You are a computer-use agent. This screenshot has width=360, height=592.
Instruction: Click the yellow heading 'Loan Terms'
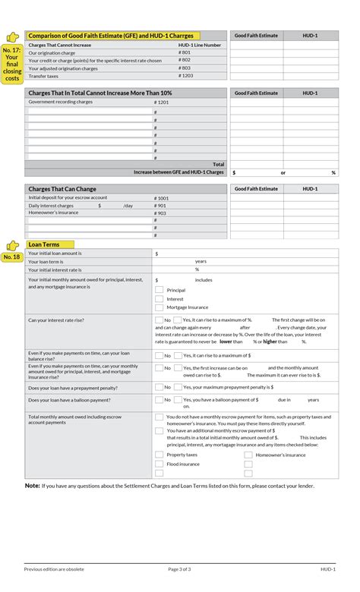click(43, 244)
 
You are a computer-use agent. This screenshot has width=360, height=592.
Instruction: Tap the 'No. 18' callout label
click(11, 257)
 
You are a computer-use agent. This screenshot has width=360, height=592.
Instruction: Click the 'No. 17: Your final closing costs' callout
click(12, 64)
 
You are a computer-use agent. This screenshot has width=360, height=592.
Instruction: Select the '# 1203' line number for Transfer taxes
click(185, 76)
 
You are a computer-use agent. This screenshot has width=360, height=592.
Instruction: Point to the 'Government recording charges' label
click(61, 101)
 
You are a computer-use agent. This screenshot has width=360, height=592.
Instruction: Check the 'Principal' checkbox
click(159, 290)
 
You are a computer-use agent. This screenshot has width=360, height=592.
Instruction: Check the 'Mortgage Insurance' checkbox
click(159, 307)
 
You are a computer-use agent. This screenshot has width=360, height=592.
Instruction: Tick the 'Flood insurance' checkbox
click(159, 464)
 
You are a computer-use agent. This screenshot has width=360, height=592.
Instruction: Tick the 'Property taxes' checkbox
click(159, 455)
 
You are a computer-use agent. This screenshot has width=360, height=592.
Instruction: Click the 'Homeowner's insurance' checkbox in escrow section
click(248, 455)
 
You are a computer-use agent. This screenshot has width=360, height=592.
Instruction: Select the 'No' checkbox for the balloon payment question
click(159, 399)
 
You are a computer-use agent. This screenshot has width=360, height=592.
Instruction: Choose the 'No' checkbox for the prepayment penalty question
click(159, 387)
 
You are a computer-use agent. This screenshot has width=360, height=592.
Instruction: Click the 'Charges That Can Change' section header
click(62, 189)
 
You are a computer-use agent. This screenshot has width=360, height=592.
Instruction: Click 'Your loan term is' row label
click(47, 261)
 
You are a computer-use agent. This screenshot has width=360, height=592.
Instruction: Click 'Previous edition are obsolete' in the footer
click(54, 568)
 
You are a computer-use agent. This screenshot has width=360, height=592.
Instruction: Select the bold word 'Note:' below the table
click(33, 485)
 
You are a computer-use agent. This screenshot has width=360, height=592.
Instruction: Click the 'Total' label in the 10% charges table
click(218, 164)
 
